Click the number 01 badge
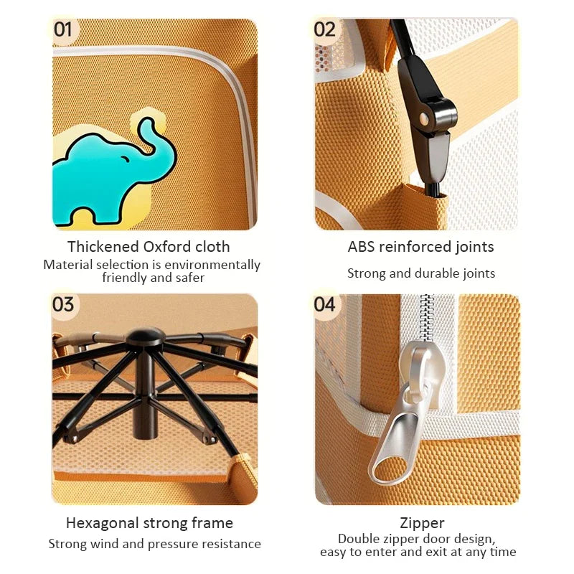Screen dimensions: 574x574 63,30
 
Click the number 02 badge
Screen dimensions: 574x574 325,30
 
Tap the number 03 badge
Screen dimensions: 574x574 63,304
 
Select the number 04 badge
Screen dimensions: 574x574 325,304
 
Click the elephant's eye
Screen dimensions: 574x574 125,159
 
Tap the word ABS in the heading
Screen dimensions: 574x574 362,247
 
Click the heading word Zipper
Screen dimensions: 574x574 422,524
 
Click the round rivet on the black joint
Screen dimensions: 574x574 425,118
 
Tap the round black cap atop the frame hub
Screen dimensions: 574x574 145,336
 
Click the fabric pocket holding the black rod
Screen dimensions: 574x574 425,207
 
